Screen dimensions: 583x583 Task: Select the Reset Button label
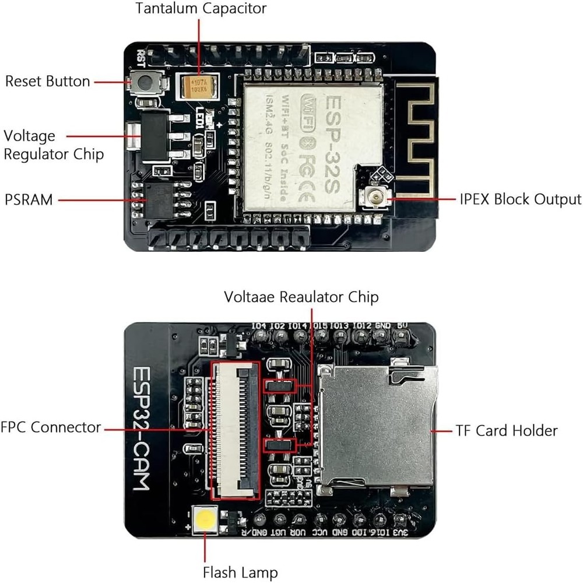tap(48, 81)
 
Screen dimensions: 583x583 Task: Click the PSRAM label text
tap(29, 200)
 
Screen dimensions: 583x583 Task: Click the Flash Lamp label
tap(240, 572)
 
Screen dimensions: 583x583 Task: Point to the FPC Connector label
tap(51, 427)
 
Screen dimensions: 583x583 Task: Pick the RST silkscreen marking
tap(141, 57)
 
